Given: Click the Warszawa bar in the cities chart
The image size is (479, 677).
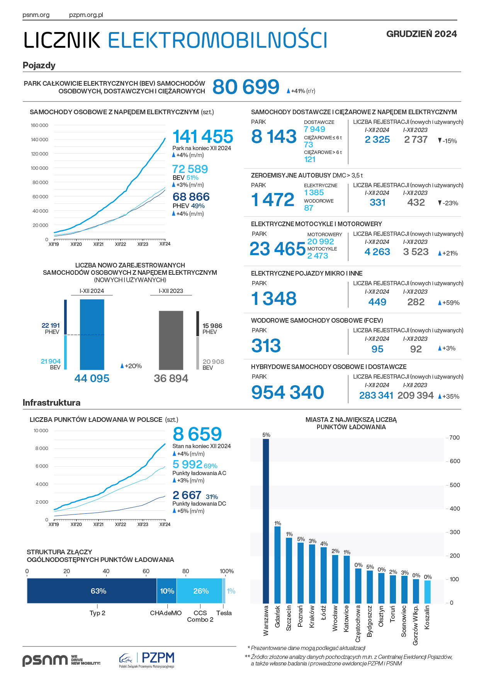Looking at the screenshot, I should tap(266, 521).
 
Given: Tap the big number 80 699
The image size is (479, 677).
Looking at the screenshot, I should tap(246, 87).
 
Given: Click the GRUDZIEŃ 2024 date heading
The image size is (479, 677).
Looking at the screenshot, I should tap(421, 34).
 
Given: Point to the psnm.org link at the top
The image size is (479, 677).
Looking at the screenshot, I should tap(36, 15).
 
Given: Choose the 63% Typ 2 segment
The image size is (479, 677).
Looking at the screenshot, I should tap(92, 591).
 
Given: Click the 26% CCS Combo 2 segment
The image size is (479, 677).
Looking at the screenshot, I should tap(199, 591).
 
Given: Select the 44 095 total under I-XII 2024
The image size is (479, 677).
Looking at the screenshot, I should tap(92, 378).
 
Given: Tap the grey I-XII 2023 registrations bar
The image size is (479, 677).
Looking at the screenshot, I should tap(171, 340).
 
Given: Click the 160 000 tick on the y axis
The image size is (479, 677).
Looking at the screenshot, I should tap(39, 125).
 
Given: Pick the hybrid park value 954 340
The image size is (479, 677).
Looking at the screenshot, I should tap(287, 393).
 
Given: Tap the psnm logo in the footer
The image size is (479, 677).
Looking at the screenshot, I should tap(45, 660).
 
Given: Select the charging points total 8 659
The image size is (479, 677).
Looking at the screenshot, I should tap(197, 434).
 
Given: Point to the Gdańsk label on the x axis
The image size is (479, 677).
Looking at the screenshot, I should tap(277, 616).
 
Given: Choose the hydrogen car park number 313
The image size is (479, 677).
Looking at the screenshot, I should tap(266, 346).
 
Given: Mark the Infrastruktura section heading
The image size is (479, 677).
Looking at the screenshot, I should tap(51, 403).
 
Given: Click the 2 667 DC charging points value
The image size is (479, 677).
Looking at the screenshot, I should tap(187, 495).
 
